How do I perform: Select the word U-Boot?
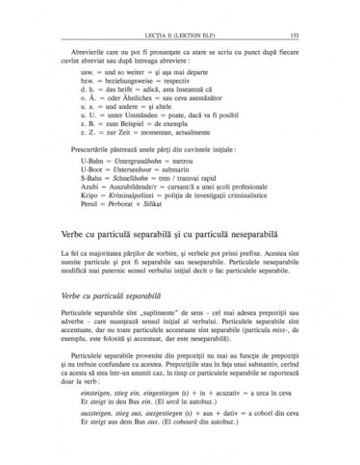[x=92, y=194]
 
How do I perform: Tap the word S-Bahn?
[x=92, y=205]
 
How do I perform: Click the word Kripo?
[x=91, y=225]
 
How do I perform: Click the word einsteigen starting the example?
[x=97, y=416]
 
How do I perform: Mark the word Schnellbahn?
[x=132, y=205]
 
